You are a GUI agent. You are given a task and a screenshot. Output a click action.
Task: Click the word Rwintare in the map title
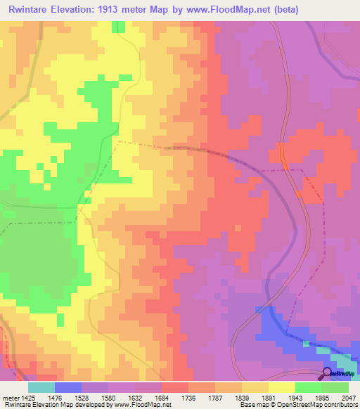[x=33, y=10]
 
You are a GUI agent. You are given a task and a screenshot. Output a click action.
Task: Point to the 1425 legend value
[x=28, y=398]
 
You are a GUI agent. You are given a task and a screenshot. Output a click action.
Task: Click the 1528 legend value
[x=96, y=398]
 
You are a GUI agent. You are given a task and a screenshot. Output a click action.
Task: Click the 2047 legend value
[x=349, y=398]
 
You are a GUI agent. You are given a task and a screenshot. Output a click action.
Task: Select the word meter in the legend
[x=10, y=398]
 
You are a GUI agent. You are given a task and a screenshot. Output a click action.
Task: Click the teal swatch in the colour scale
[x=41, y=387]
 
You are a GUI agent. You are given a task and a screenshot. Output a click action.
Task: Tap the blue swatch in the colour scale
[x=68, y=387]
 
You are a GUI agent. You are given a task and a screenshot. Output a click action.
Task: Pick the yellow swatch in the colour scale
[x=281, y=387]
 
